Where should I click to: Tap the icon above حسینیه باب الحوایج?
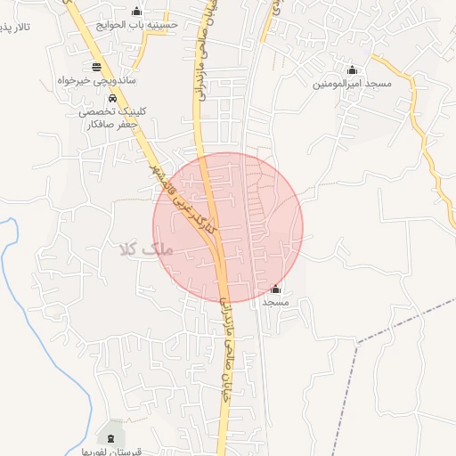136,11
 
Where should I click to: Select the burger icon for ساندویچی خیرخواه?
96,67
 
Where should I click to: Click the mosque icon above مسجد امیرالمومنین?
352,70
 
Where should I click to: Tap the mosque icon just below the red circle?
275,289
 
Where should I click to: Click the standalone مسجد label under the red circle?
275,303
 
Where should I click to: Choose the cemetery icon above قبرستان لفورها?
110,438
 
